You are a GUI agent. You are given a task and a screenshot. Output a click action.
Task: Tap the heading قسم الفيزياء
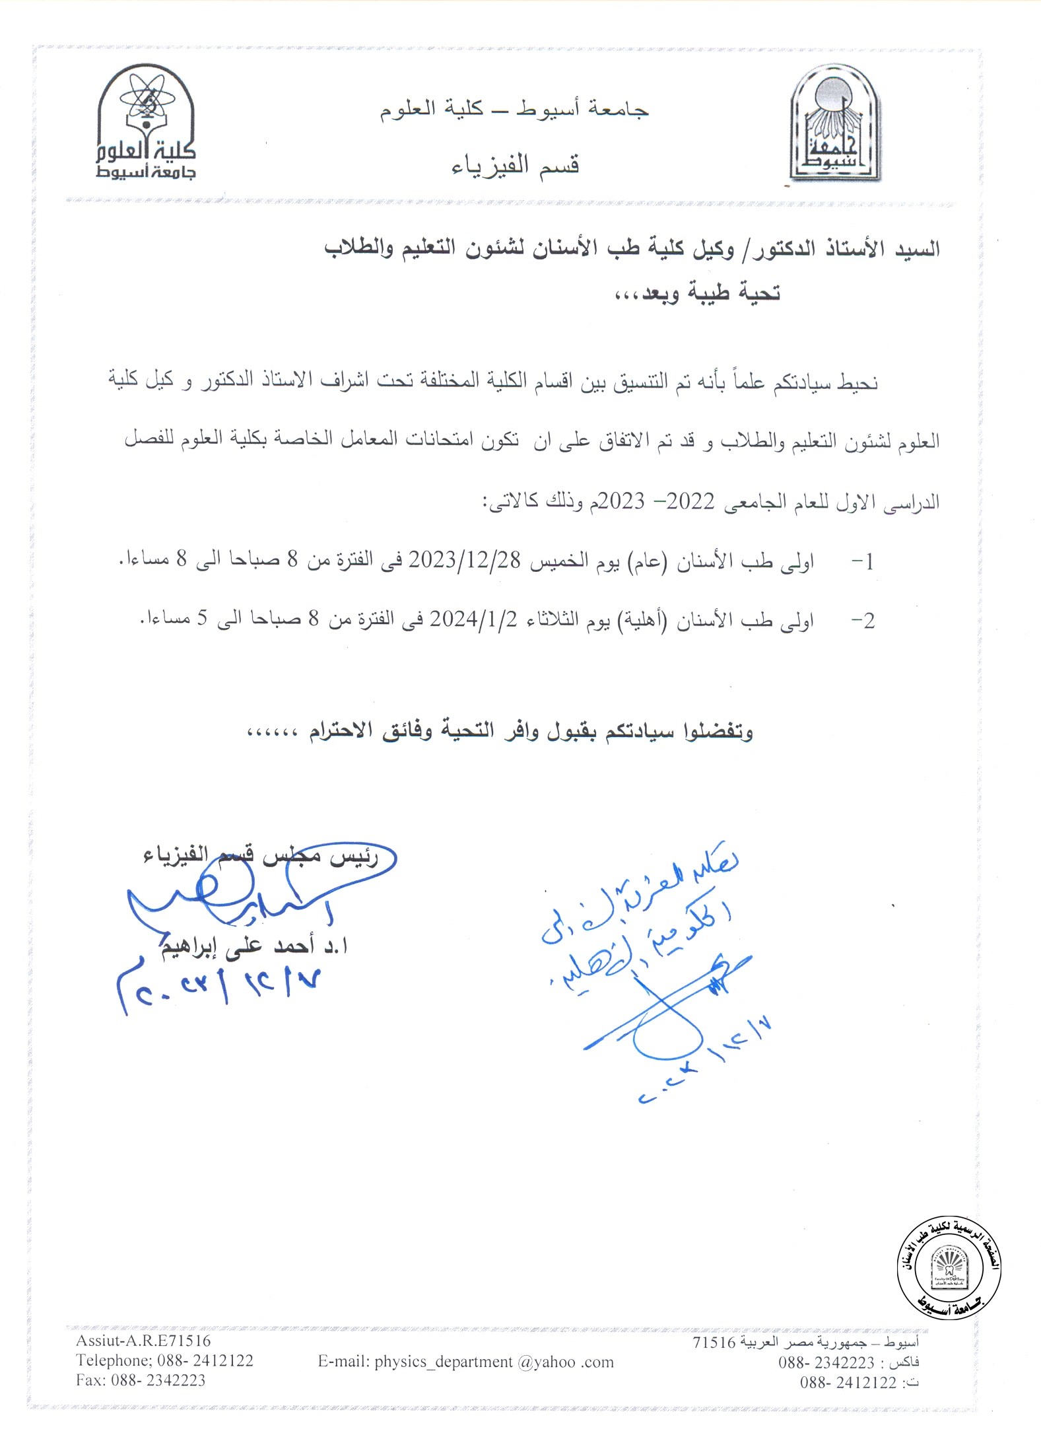515,165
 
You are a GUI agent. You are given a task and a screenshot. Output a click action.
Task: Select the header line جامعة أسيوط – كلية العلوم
514,109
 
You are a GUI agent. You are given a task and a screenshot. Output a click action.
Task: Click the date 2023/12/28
465,560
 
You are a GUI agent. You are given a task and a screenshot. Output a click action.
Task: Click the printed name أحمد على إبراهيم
254,946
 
